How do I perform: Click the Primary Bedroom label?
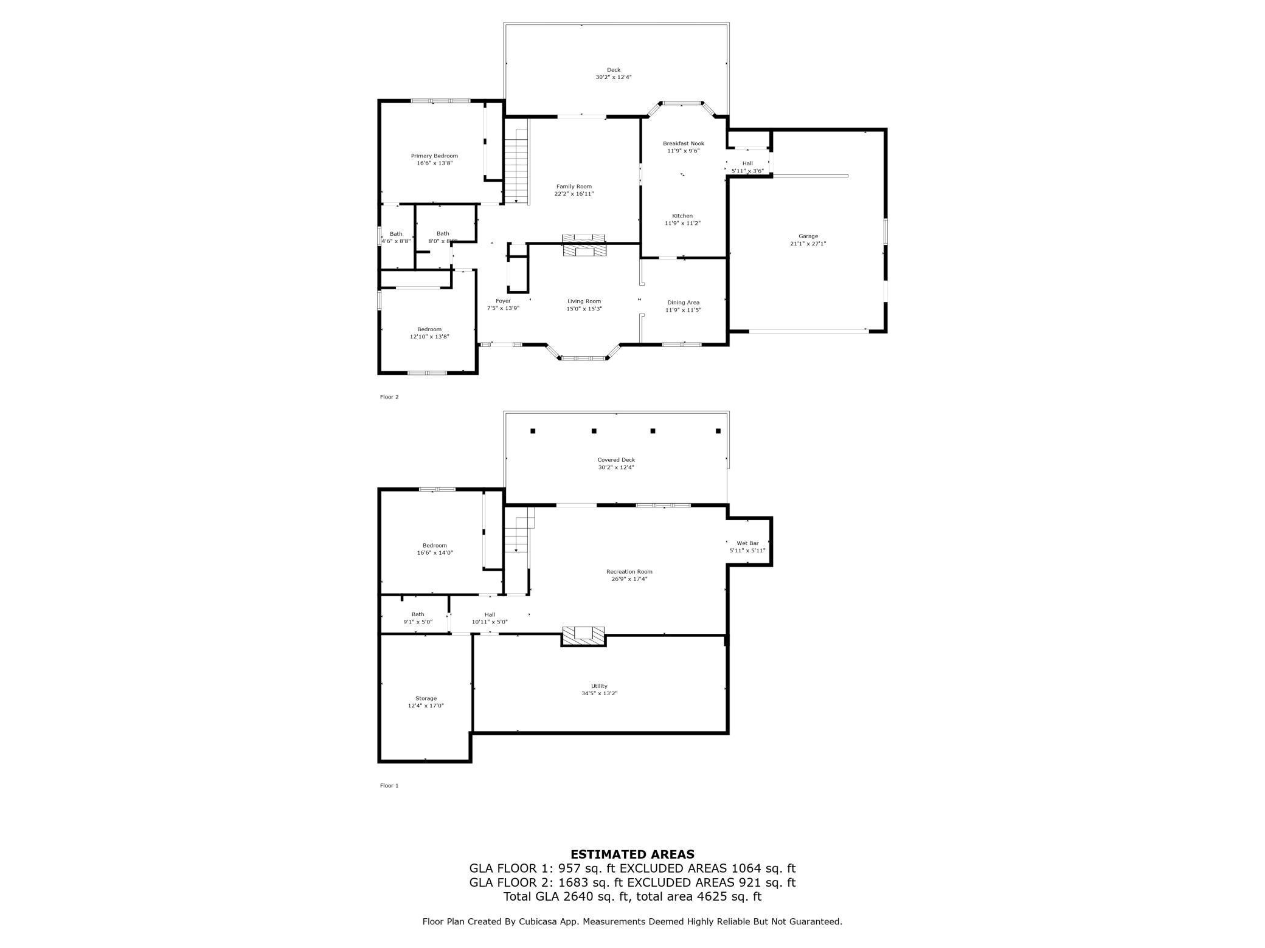pyautogui.click(x=434, y=156)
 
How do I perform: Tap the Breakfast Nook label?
pyautogui.click(x=683, y=143)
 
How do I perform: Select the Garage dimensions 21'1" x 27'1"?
pyautogui.click(x=808, y=244)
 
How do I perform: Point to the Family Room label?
pyautogui.click(x=574, y=187)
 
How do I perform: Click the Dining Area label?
pyautogui.click(x=683, y=302)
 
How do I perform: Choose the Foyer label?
pyautogui.click(x=503, y=301)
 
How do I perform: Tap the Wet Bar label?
pyautogui.click(x=747, y=543)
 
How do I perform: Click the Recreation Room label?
pyautogui.click(x=629, y=571)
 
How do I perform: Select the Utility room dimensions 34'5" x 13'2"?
pyautogui.click(x=599, y=693)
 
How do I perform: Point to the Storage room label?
pyautogui.click(x=426, y=698)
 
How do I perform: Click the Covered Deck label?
pyautogui.click(x=615, y=459)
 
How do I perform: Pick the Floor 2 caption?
pyautogui.click(x=389, y=397)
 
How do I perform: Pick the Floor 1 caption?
pyautogui.click(x=389, y=785)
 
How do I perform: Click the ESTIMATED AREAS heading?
pyautogui.click(x=632, y=854)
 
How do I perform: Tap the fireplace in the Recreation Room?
pyautogui.click(x=583, y=636)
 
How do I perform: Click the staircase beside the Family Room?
pyautogui.click(x=516, y=162)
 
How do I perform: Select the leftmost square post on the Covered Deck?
pyautogui.click(x=533, y=431)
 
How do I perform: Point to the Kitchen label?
pyautogui.click(x=682, y=216)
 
